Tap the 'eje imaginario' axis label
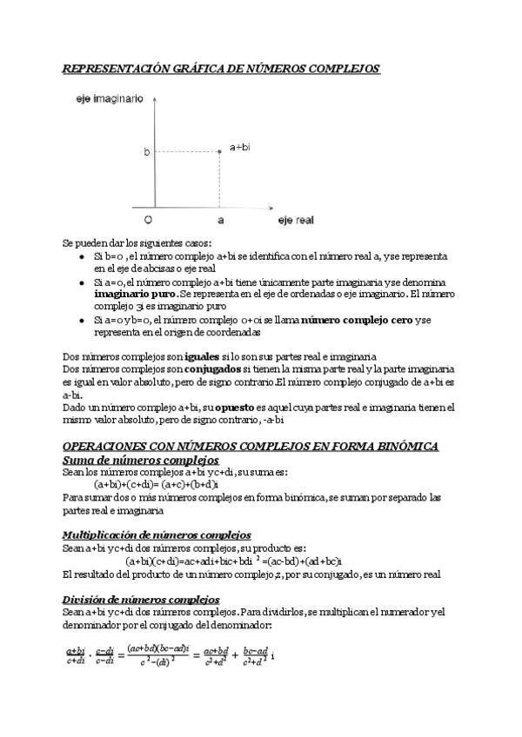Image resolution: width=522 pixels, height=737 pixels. point(107,101)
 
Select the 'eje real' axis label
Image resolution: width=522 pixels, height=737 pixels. point(296,222)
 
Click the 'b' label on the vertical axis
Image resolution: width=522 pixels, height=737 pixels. point(146,152)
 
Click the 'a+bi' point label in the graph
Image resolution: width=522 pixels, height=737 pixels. point(240,149)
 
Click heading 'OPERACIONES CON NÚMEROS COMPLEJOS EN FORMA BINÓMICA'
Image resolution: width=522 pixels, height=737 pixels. point(252,446)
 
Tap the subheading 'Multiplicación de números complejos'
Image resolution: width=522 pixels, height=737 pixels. point(157,535)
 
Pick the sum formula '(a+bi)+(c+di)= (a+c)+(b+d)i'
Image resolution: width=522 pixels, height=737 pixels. point(157,484)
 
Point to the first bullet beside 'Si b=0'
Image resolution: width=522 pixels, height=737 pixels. point(81,258)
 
